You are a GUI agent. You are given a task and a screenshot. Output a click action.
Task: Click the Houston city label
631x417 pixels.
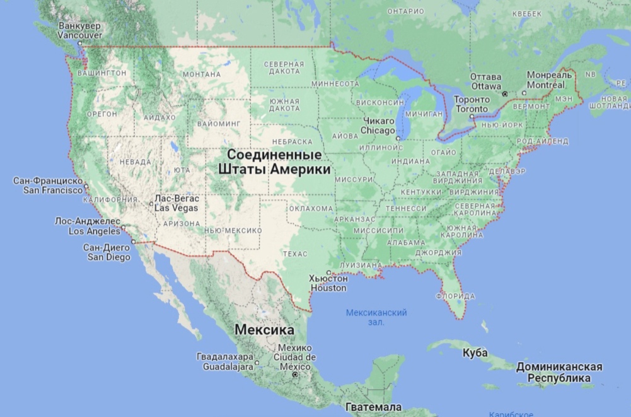pyautogui.click(x=328, y=283)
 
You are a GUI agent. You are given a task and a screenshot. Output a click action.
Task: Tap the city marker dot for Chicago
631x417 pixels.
pyautogui.click(x=398, y=138)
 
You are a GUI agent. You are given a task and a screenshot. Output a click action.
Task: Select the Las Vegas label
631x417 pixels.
pyautogui.click(x=177, y=203)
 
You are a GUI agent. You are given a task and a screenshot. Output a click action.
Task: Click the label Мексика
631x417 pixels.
pyautogui.click(x=264, y=330)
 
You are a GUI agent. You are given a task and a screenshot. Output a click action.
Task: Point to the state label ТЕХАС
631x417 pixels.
pyautogui.click(x=295, y=254)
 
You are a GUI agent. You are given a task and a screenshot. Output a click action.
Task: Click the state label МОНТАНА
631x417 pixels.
pyautogui.click(x=201, y=74)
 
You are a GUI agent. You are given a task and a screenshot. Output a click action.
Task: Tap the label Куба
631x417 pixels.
pyautogui.click(x=475, y=353)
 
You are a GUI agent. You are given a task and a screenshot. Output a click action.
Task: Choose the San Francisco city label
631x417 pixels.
pyautogui.click(x=48, y=185)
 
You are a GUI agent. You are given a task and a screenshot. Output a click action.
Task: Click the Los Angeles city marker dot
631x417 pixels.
pyautogui.click(x=123, y=227)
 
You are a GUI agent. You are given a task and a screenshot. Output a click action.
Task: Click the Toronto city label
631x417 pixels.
pyautogui.click(x=472, y=104)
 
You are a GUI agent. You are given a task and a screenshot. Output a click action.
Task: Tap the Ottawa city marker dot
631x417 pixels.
pyautogui.click(x=504, y=94)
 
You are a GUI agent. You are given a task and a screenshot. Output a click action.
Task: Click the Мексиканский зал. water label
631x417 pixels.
pyautogui.click(x=376, y=317)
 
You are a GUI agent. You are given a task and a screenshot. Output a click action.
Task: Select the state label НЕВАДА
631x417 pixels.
pyautogui.click(x=135, y=162)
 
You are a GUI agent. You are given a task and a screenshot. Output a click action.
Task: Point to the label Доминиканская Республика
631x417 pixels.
pyautogui.click(x=559, y=372)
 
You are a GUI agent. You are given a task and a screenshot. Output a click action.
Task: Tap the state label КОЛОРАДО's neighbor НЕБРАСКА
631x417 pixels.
pyautogui.click(x=292, y=142)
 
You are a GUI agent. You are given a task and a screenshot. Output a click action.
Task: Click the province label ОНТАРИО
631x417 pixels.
pyautogui.click(x=405, y=11)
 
